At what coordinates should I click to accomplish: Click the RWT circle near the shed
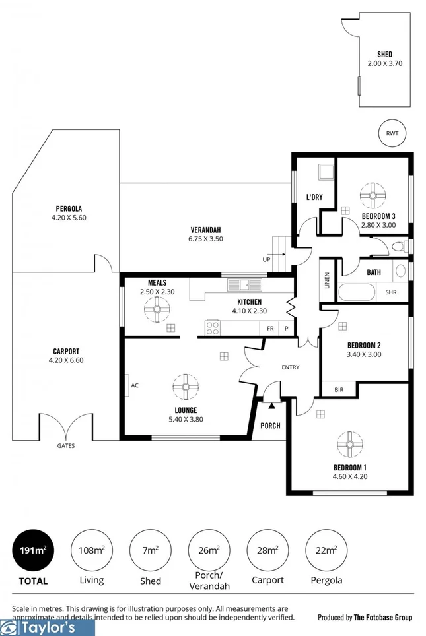[x=392, y=133]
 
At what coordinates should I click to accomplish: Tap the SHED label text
[x=384, y=54]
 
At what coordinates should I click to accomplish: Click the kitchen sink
[x=243, y=285]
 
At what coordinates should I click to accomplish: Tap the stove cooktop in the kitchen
[x=213, y=327]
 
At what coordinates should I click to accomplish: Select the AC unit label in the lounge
[x=134, y=385]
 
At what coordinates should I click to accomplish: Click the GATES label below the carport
[x=65, y=446]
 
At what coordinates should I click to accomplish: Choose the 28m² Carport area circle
[x=267, y=549]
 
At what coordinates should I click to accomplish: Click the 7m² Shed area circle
[x=151, y=549]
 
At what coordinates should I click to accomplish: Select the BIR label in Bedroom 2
[x=339, y=390]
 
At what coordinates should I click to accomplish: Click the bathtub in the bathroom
[x=357, y=292]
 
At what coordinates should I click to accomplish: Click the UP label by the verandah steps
[x=266, y=259]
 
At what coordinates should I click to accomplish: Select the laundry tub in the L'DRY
[x=326, y=173]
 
